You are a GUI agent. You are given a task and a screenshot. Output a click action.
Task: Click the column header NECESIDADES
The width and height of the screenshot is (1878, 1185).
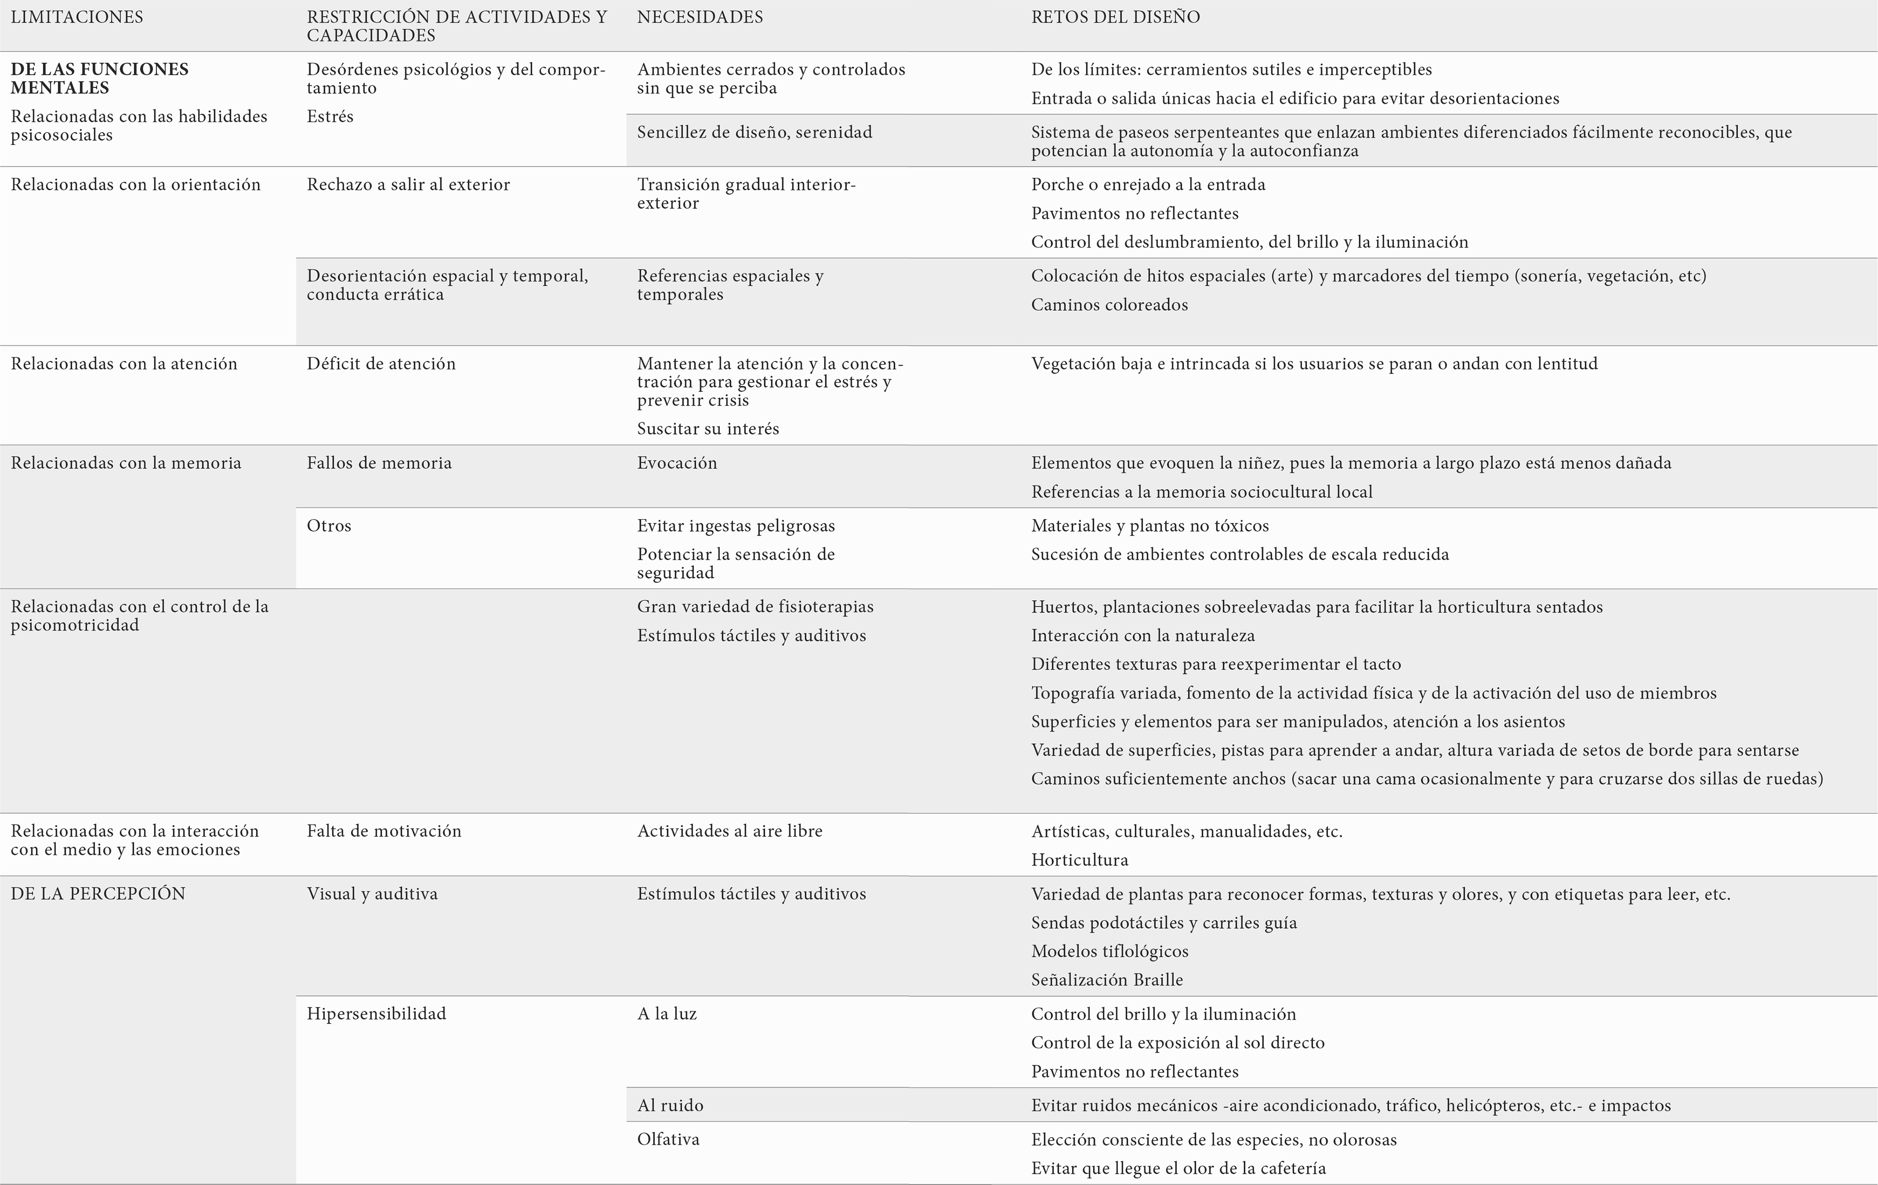(700, 17)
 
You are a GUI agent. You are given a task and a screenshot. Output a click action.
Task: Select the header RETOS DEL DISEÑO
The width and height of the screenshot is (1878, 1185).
(1115, 17)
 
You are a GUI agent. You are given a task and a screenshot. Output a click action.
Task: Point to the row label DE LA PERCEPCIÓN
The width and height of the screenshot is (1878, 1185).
(98, 894)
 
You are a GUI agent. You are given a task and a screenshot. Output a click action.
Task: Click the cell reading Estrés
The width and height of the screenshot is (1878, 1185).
(330, 116)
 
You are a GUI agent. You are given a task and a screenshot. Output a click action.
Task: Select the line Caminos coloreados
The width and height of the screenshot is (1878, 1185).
(1109, 305)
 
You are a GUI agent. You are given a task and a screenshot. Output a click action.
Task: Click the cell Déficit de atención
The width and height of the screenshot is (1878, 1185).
(381, 363)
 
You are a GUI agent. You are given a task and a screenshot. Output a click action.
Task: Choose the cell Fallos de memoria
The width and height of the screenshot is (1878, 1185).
(379, 463)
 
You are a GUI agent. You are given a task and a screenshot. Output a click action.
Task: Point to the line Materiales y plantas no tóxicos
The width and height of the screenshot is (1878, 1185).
(1150, 526)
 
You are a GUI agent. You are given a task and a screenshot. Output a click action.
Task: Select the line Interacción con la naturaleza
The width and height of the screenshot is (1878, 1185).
(1143, 635)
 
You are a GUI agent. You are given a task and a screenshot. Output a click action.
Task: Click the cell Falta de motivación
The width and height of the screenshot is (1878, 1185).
(384, 831)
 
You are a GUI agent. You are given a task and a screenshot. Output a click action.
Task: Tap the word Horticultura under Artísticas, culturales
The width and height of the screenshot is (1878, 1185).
(1079, 860)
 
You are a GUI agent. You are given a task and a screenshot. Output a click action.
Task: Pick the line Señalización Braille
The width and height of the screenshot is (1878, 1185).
(1107, 980)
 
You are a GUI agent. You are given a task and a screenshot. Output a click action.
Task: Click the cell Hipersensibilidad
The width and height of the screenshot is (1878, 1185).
(376, 1014)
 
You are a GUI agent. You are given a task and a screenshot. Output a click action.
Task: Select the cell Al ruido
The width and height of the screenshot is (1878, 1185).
(670, 1106)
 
